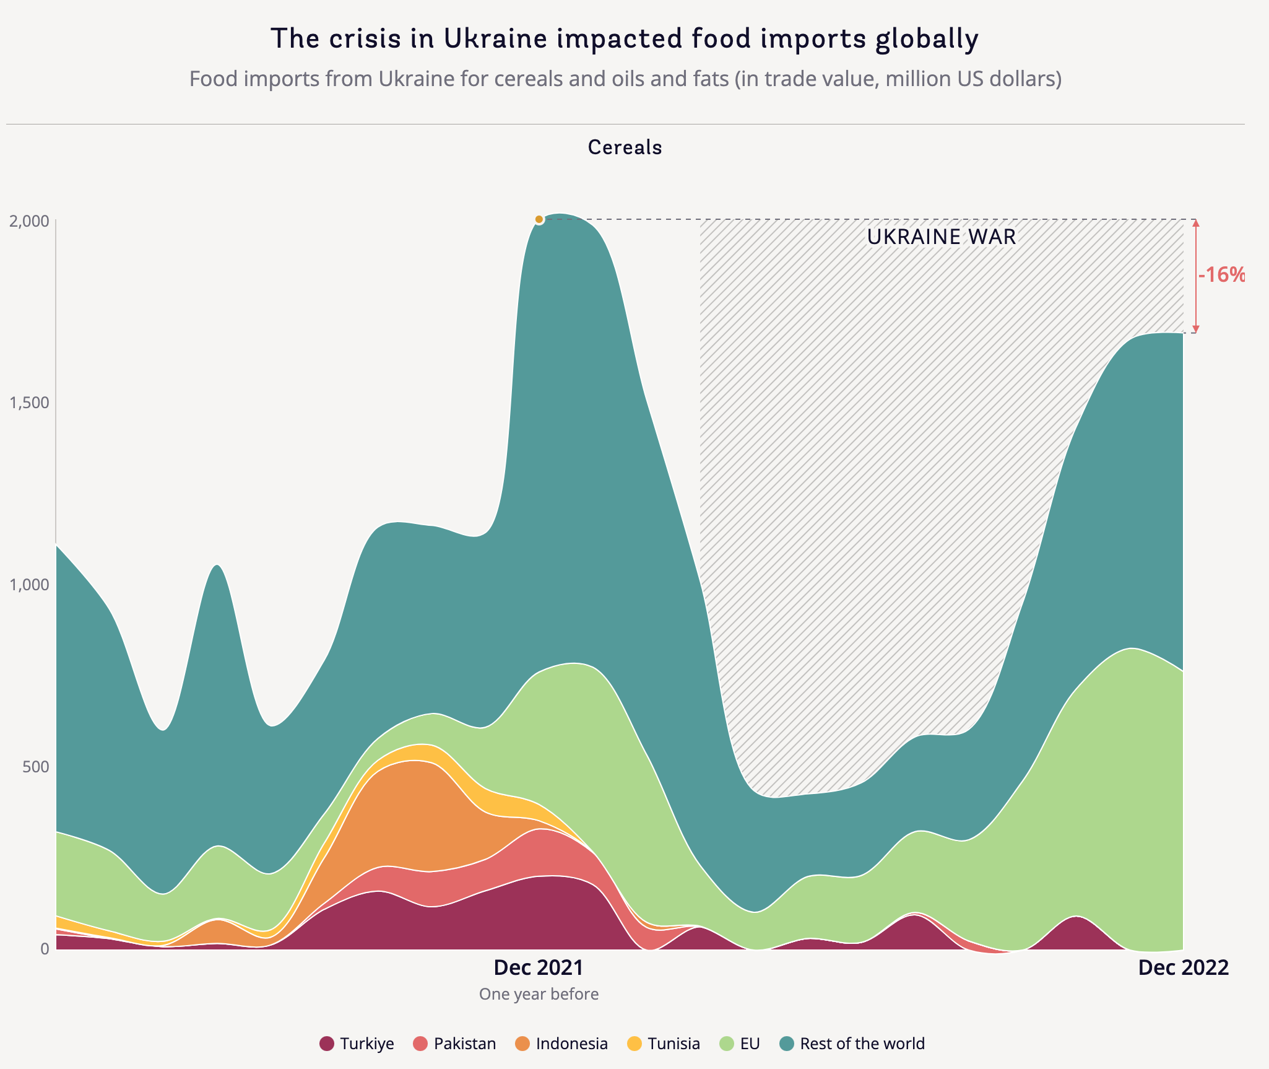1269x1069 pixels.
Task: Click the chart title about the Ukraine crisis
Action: [625, 38]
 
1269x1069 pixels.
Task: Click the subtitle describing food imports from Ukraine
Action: [625, 79]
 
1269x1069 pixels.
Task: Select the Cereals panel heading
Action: [625, 147]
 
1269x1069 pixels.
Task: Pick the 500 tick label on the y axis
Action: [36, 767]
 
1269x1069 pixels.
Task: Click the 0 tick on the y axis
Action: [44, 948]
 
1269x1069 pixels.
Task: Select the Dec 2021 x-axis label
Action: [539, 967]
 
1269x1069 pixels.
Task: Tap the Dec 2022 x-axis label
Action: [1183, 967]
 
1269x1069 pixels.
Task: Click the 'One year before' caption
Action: [539, 994]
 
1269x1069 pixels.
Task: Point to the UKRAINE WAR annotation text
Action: [941, 237]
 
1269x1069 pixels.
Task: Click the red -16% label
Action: [1221, 275]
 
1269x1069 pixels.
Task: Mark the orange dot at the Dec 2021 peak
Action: [539, 219]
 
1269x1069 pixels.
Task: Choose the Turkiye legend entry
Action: [357, 1044]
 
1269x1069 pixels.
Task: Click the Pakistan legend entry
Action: [455, 1044]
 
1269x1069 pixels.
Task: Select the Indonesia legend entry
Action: [561, 1044]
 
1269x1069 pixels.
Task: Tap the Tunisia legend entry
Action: [664, 1044]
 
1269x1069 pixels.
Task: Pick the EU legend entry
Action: [739, 1044]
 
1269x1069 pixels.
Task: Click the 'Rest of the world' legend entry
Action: [852, 1044]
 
